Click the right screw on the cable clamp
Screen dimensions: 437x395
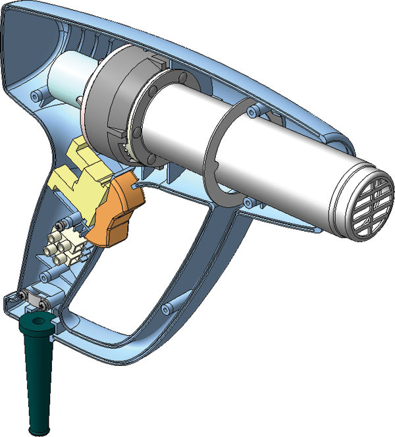tap(43, 305)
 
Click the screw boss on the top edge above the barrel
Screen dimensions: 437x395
tap(253, 113)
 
